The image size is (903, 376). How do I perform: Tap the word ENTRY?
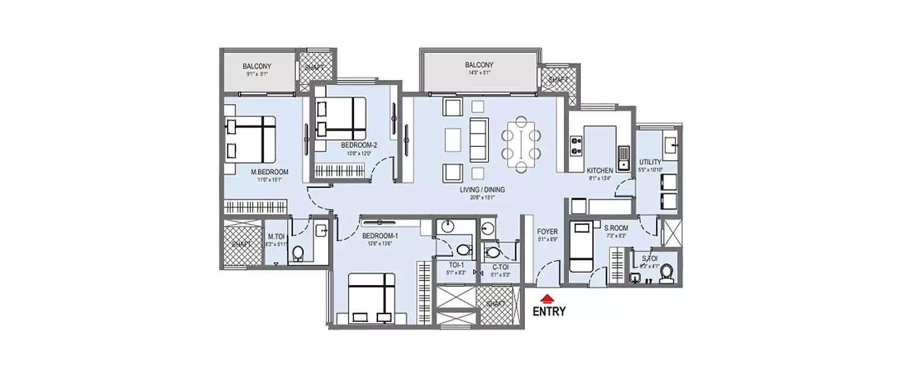pyautogui.click(x=549, y=312)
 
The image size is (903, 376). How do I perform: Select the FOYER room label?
pyautogui.click(x=547, y=231)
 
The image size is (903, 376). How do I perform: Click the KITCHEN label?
pyautogui.click(x=600, y=171)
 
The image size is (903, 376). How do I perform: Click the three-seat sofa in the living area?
pyautogui.click(x=479, y=140)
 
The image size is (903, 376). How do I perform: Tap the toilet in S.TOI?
pyautogui.click(x=665, y=275)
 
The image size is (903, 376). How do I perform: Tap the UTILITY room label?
pyautogui.click(x=650, y=162)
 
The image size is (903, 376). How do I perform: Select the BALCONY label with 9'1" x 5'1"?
pyautogui.click(x=257, y=66)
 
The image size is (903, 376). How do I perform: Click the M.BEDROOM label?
pyautogui.click(x=269, y=172)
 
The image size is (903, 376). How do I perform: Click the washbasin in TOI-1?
pyautogui.click(x=447, y=227)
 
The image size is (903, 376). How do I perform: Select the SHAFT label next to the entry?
pyautogui.click(x=497, y=304)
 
